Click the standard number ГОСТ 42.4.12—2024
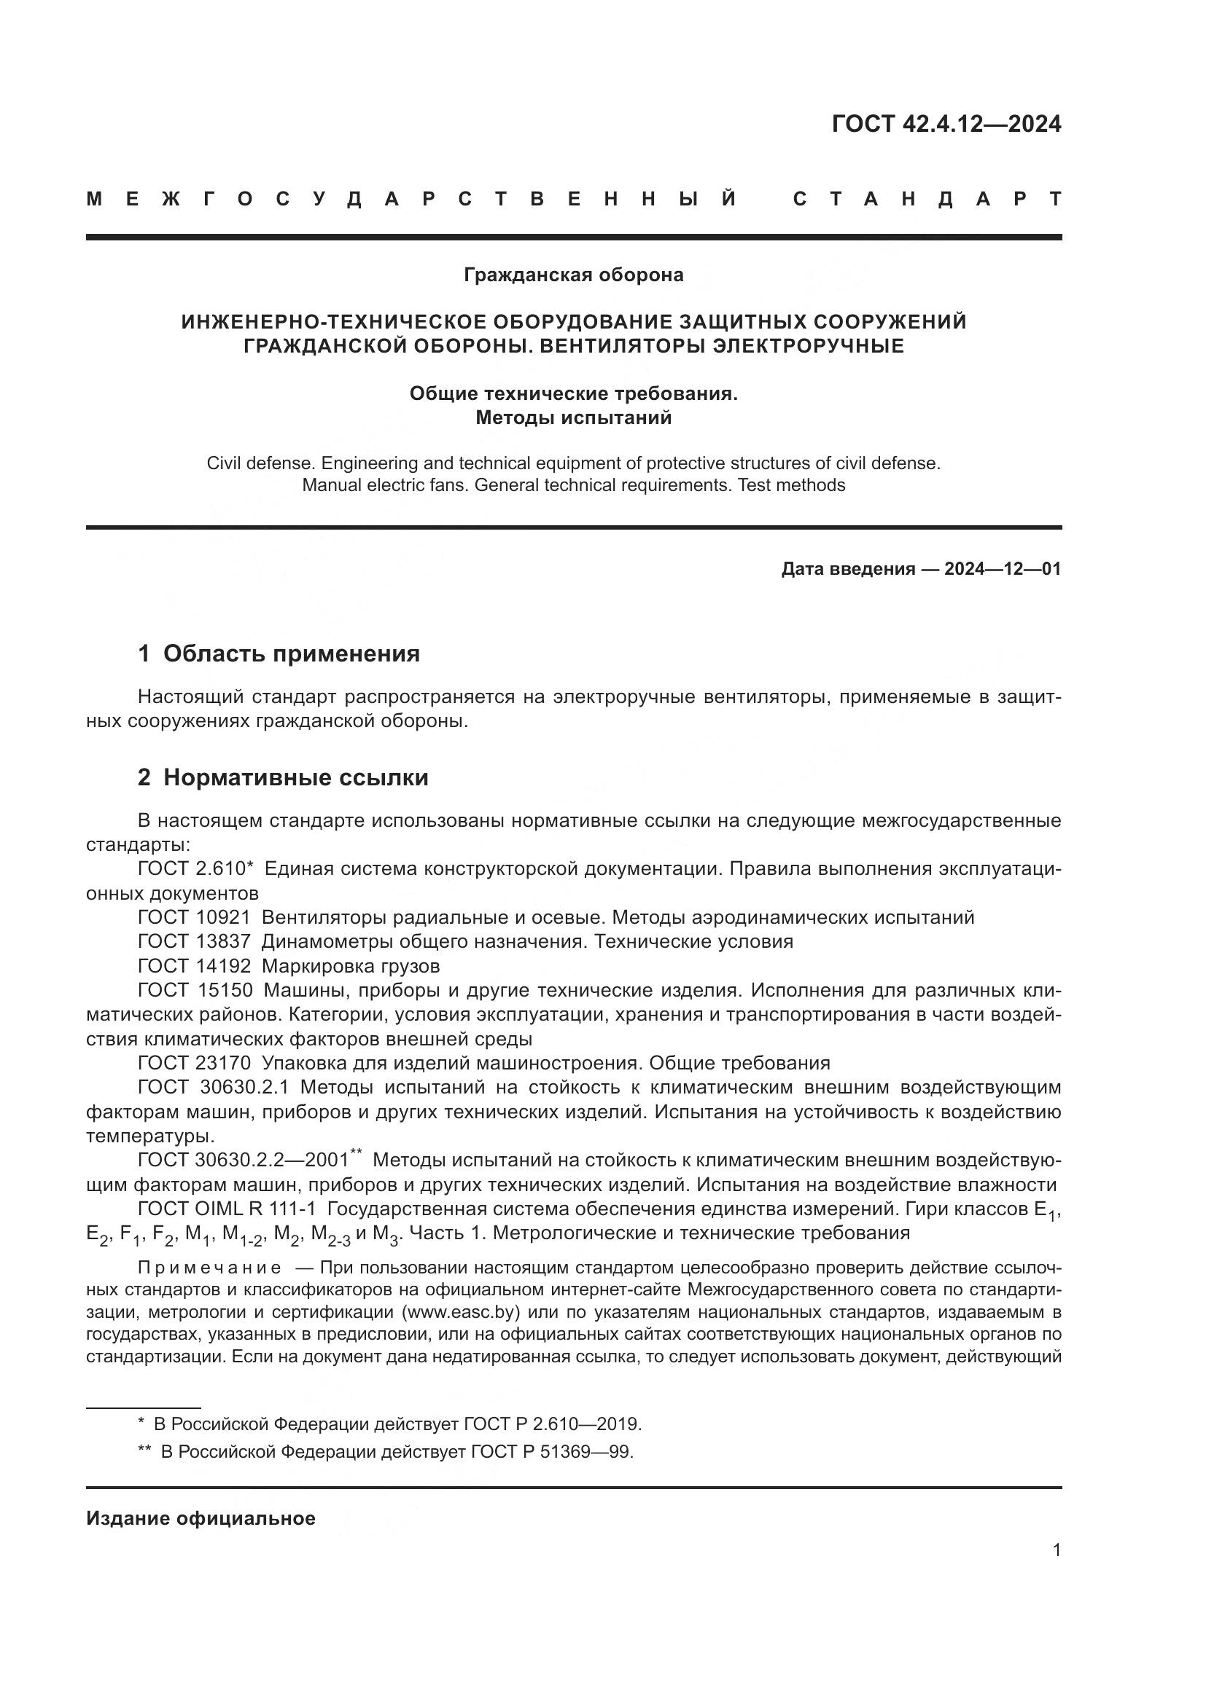coord(946,124)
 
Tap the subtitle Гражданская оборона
coord(573,275)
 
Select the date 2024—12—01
coord(1002,569)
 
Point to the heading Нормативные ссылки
coord(295,778)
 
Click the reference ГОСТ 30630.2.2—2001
coord(244,1160)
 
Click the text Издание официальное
coord(201,1518)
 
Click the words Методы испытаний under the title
coord(573,418)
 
